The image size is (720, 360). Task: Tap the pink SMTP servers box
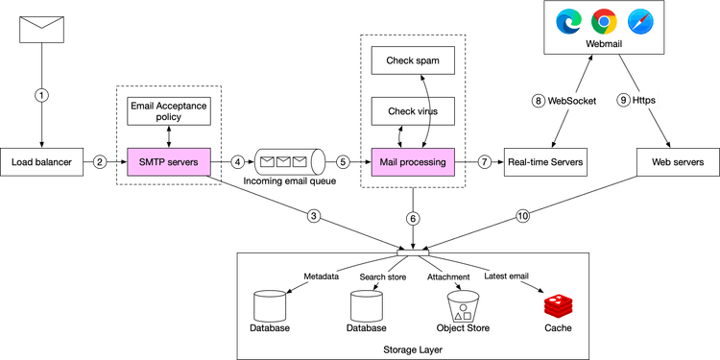click(x=168, y=162)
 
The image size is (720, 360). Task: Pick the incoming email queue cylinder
click(x=285, y=161)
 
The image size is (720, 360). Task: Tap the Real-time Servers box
click(x=543, y=162)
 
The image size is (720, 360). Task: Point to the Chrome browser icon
click(x=603, y=20)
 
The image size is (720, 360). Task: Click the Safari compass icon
click(x=639, y=20)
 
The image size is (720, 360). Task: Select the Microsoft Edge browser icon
click(x=567, y=20)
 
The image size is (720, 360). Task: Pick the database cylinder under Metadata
click(x=269, y=305)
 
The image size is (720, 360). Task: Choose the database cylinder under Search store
click(x=366, y=305)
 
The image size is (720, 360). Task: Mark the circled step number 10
click(x=522, y=216)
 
